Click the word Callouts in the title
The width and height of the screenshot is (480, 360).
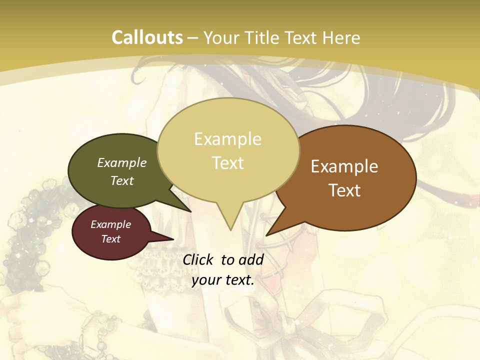pyautogui.click(x=147, y=37)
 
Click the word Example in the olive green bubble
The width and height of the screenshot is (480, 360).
pyautogui.click(x=122, y=162)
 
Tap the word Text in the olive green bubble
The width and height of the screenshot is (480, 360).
pyautogui.click(x=122, y=180)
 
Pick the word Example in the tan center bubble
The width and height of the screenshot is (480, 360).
pyautogui.click(x=227, y=139)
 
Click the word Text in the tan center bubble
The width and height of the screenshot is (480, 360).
pyautogui.click(x=227, y=163)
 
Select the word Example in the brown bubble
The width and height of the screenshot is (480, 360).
pyautogui.click(x=344, y=166)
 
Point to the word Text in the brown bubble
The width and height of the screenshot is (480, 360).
pyautogui.click(x=344, y=190)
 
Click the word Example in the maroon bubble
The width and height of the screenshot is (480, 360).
pyautogui.click(x=110, y=224)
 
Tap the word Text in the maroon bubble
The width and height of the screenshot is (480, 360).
pyautogui.click(x=110, y=239)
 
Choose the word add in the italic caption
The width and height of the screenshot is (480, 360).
pyautogui.click(x=252, y=259)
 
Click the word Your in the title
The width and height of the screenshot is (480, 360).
pyautogui.click(x=221, y=37)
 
